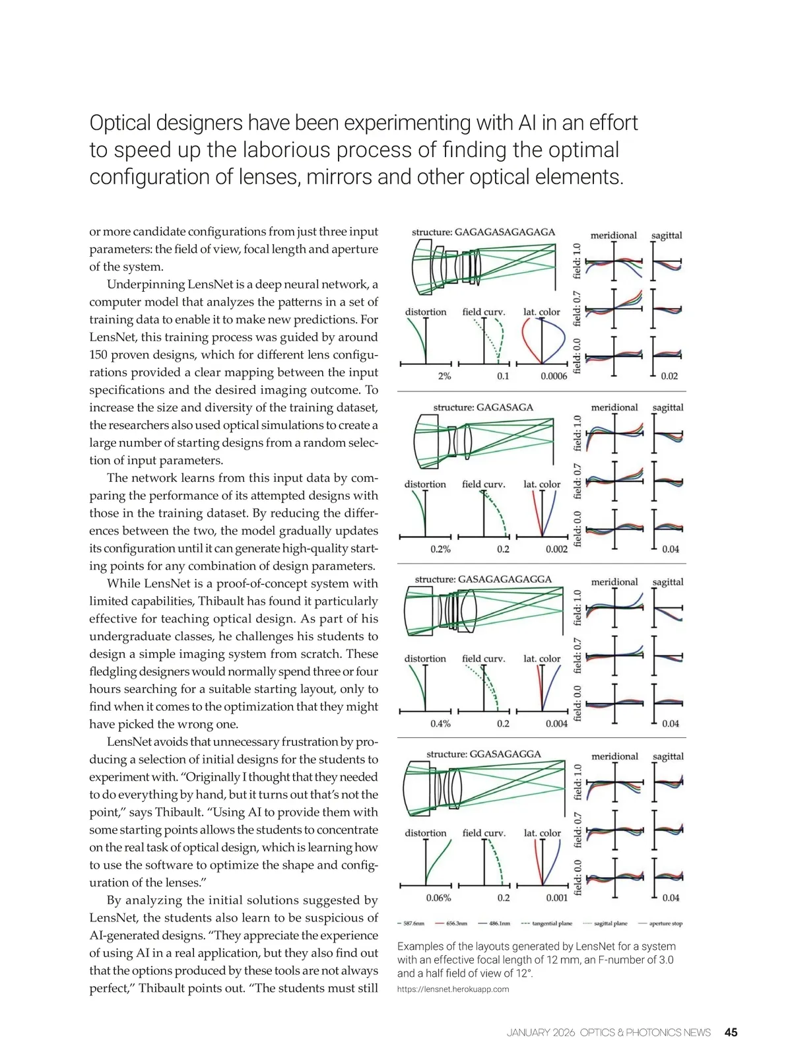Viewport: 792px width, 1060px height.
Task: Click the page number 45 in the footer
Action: (x=731, y=1032)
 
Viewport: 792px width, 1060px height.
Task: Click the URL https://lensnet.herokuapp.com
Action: (x=453, y=989)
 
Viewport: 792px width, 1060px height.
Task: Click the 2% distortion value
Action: (x=444, y=376)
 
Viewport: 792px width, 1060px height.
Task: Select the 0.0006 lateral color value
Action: (x=554, y=376)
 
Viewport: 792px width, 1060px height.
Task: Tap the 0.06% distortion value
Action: (x=438, y=898)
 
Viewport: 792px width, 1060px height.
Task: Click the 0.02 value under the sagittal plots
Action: (x=669, y=376)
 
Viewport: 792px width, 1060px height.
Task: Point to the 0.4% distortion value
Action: (x=440, y=723)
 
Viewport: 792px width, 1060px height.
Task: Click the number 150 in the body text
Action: (x=99, y=354)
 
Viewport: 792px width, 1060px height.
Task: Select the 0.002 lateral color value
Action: (x=556, y=549)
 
